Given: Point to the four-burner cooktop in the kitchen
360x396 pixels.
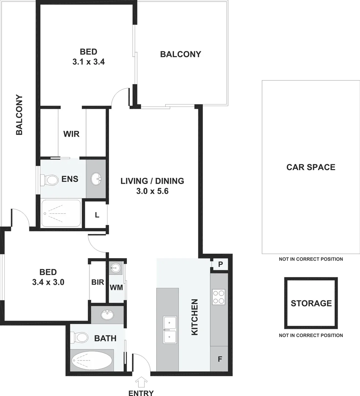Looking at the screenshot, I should click(219, 297).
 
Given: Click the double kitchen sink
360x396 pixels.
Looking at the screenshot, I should click(170, 329).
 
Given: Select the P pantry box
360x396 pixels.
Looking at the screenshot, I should click(221, 264).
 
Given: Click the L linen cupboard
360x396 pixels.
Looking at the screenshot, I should click(97, 215).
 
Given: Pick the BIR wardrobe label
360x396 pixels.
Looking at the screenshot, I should click(98, 282).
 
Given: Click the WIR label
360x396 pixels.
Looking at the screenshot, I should click(71, 134).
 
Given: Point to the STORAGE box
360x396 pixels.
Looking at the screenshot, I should click(311, 303).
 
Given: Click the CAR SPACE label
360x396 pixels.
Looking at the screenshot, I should click(311, 167).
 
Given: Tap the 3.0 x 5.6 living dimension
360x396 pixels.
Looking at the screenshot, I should click(152, 191).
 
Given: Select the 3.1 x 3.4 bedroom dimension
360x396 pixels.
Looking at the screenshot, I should click(89, 62).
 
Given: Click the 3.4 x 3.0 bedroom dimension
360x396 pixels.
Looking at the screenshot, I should click(48, 282).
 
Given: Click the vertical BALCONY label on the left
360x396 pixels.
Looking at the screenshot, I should click(19, 115).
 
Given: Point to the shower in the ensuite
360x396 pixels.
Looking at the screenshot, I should click(60, 213).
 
